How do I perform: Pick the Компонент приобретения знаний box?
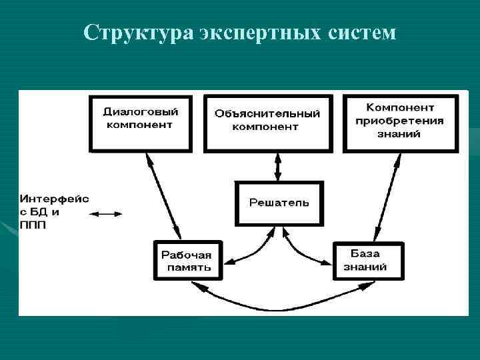pyautogui.click(x=400, y=122)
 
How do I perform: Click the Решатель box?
pyautogui.click(x=279, y=203)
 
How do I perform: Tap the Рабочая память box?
pyautogui.click(x=186, y=261)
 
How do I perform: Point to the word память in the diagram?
pyautogui.click(x=186, y=267)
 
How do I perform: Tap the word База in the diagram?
pyautogui.click(x=365, y=253)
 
